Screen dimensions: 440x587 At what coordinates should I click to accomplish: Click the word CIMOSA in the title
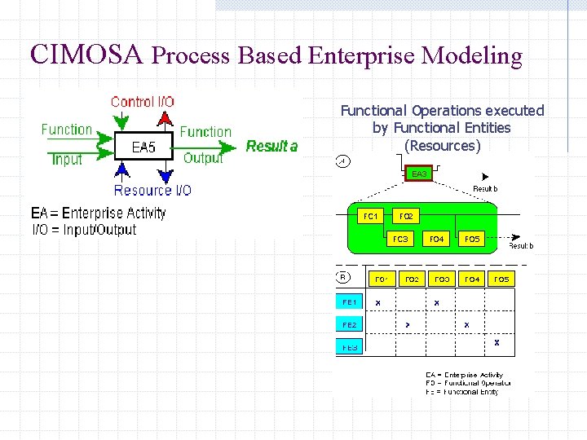pos(86,55)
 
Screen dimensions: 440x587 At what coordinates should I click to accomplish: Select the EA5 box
pos(143,147)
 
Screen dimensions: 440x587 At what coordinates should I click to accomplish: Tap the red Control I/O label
pos(142,102)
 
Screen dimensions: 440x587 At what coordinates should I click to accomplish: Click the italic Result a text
pos(271,147)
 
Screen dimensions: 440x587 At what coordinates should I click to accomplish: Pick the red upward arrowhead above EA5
pos(166,120)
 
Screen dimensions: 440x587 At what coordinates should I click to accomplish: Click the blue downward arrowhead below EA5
pos(166,174)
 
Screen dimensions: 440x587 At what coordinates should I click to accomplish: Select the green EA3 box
pos(419,174)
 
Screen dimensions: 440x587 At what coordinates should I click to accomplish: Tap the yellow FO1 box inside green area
pos(369,217)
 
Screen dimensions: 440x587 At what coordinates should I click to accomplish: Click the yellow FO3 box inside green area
pos(400,240)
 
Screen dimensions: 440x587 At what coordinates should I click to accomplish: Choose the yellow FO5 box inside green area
pos(472,240)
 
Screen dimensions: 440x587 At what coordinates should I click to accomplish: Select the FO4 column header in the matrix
pos(472,279)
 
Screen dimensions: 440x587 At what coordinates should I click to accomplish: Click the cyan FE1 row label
pos(350,302)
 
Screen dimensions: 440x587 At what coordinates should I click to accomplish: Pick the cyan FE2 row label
pos(350,324)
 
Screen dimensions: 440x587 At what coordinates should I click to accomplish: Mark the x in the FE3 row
pos(497,343)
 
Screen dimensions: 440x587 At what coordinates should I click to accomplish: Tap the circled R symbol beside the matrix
pos(343,277)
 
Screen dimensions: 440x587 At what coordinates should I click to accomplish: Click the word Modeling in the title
pos(470,55)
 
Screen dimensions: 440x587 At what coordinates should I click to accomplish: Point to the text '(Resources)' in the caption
pos(442,146)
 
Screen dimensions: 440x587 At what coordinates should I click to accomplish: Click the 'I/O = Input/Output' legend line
pos(84,230)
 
